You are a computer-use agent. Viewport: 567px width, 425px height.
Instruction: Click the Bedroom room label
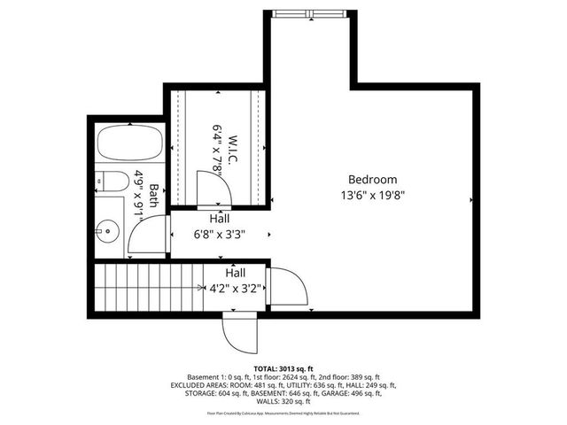coord(372,179)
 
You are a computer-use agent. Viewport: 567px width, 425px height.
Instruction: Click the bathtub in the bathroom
coord(129,145)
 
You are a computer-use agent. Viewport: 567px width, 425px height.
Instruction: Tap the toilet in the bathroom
coord(109,182)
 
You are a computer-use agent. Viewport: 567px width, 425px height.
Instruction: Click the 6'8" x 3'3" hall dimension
coord(220,235)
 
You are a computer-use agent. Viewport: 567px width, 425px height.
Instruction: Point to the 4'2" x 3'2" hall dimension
coord(235,288)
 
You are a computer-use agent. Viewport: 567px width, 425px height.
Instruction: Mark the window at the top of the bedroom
coord(311,13)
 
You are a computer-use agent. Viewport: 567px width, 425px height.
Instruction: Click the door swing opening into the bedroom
coord(288,287)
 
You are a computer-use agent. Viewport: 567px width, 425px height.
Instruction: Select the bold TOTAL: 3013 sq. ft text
coord(283,367)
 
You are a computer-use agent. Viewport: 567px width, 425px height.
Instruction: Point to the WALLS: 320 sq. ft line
coord(283,401)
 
